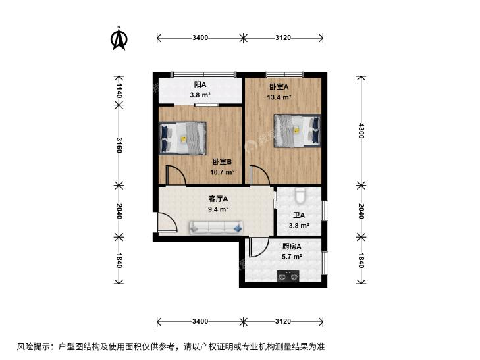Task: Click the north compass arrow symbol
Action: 119,38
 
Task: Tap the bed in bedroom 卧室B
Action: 182,138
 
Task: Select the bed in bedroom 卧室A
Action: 297,130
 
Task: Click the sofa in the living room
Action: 217,228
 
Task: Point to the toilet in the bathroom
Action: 299,195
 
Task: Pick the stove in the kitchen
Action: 288,276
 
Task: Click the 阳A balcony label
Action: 200,84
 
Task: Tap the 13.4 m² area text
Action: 279,97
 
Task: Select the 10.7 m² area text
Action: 223,172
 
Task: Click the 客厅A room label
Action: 218,199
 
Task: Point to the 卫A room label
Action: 299,215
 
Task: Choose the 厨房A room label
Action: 292,246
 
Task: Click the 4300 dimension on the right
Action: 361,130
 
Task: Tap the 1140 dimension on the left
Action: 119,91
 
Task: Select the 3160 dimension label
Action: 119,145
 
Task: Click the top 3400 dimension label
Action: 200,38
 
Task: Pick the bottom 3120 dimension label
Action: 283,321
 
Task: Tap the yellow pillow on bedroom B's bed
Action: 183,139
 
